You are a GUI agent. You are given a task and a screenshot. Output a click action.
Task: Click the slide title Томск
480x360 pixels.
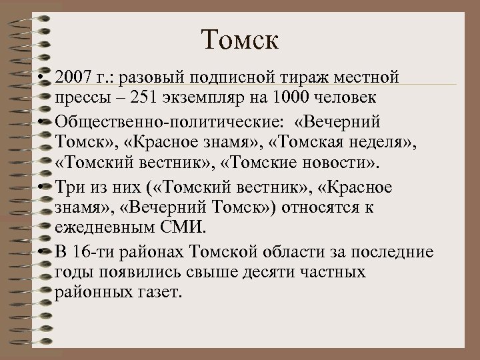(241, 42)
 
